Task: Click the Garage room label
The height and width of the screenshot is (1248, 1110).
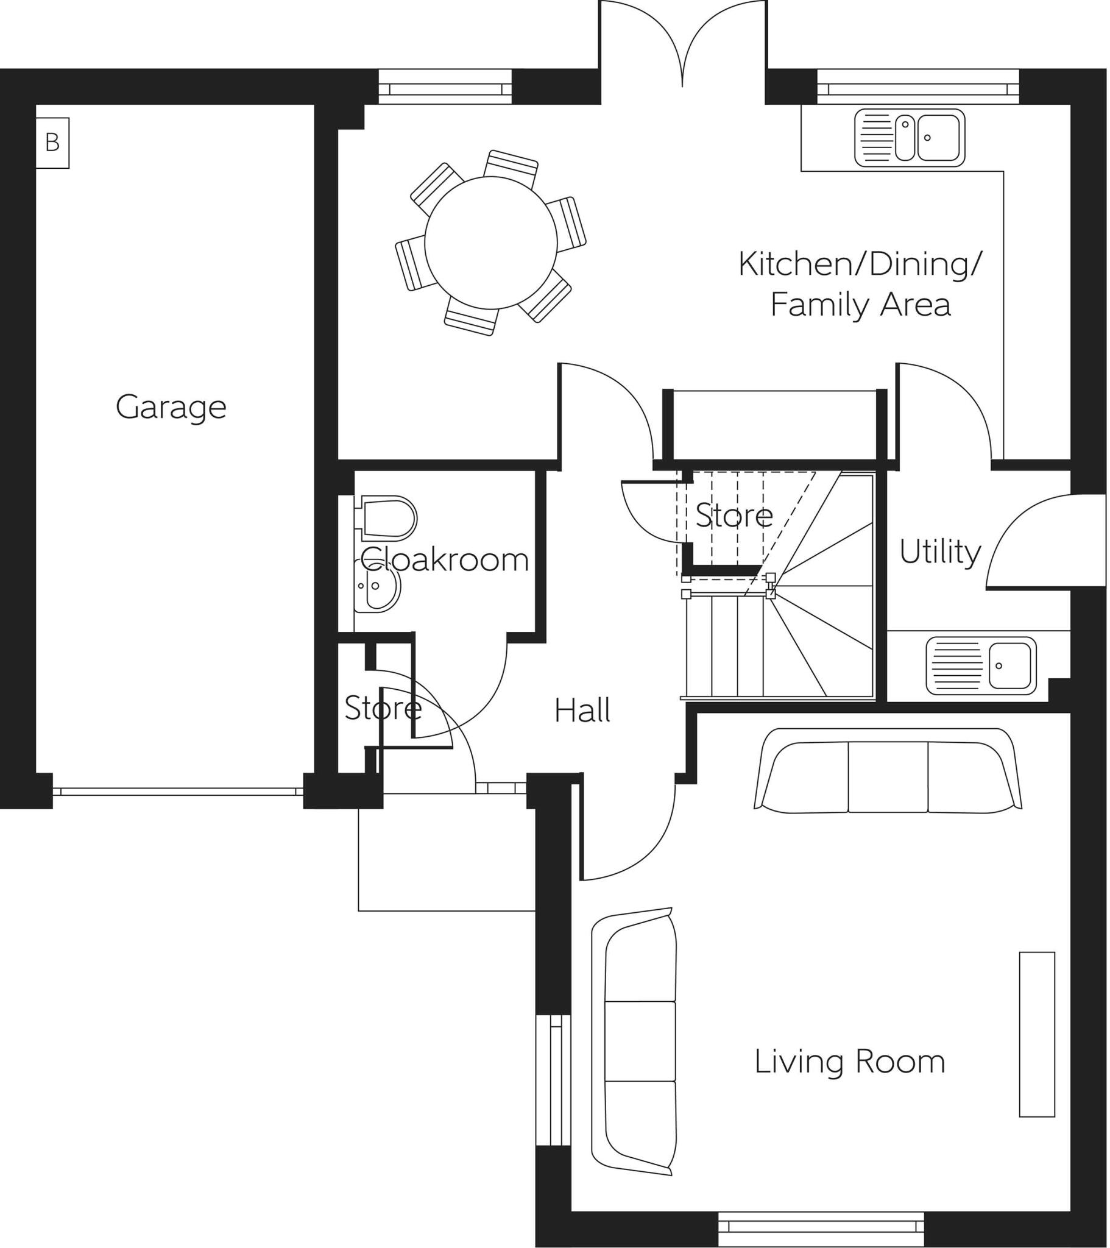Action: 171,407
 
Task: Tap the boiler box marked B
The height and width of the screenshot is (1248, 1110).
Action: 52,143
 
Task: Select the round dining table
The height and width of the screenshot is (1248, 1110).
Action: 491,243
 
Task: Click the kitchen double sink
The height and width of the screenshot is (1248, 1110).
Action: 910,138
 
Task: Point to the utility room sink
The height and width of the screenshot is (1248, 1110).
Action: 981,666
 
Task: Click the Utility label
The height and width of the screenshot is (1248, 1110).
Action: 939,552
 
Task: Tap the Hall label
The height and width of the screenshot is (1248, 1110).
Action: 582,711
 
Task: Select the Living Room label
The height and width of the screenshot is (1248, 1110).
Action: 849,1062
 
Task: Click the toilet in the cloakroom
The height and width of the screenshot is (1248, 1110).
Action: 387,519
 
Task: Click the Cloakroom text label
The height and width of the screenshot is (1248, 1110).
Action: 445,559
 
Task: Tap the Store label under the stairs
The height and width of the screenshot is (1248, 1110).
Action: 734,516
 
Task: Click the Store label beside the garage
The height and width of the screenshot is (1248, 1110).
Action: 383,708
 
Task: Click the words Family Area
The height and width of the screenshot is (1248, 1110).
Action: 860,305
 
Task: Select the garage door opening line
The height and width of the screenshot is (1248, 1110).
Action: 179,792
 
